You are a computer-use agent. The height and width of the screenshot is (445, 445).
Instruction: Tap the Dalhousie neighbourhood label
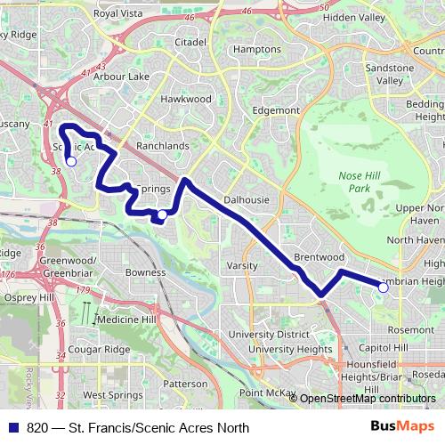(247, 200)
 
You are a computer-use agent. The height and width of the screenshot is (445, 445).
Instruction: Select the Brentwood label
(319, 257)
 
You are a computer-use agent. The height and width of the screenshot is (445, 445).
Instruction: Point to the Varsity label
(242, 266)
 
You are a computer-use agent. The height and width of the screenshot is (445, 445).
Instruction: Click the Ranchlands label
(162, 146)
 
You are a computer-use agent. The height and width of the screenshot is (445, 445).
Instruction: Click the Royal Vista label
(117, 14)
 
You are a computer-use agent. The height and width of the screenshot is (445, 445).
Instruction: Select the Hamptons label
(256, 50)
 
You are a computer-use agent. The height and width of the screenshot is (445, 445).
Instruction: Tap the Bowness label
(145, 272)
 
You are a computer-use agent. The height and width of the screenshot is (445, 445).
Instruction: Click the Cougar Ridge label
(100, 351)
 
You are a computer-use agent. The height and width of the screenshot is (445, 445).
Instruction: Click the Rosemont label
(412, 330)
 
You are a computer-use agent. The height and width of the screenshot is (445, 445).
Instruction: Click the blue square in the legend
(10, 428)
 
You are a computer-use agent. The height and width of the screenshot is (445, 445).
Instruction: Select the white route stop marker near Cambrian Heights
(384, 287)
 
